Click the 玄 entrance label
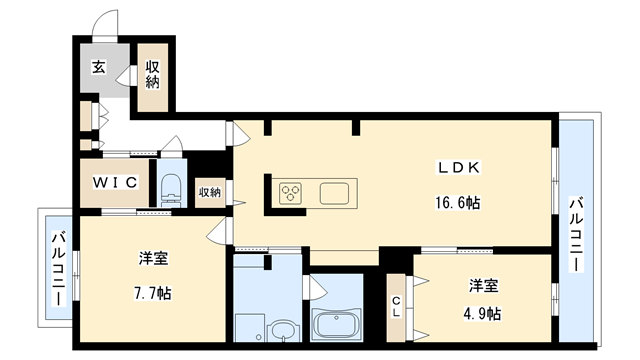(x=99, y=68)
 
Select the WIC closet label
(x=116, y=183)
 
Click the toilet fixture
(x=170, y=185)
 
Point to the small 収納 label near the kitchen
(x=209, y=191)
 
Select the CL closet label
(x=397, y=306)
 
